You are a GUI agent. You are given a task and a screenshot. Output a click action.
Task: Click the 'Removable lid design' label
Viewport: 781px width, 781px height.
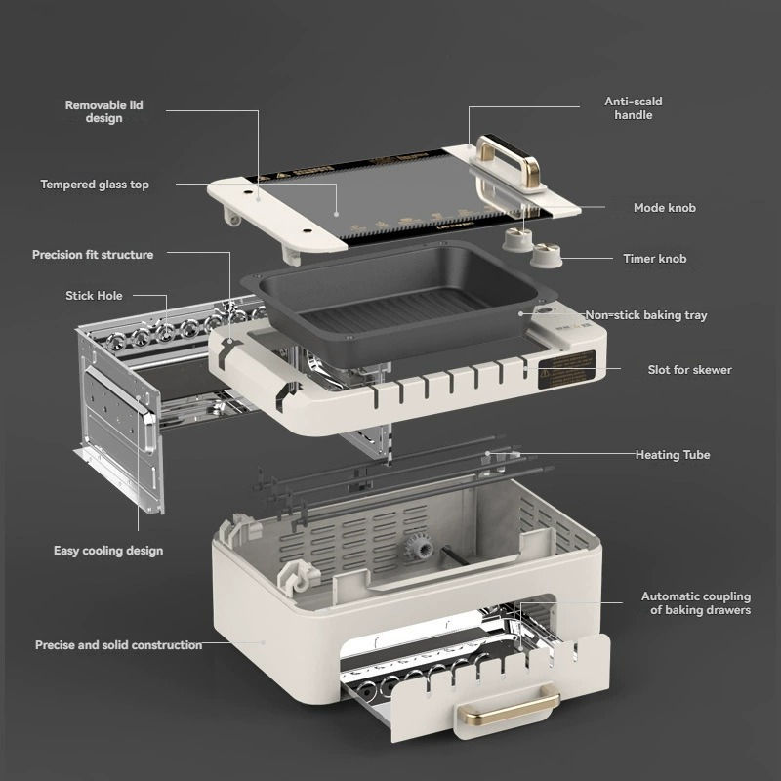point(104,111)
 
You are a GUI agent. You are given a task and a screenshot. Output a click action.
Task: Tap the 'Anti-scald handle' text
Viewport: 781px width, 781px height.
point(633,108)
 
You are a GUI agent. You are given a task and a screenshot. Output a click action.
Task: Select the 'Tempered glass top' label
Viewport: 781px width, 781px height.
point(95,185)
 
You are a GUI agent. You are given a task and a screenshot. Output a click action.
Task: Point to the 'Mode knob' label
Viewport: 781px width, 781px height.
point(665,208)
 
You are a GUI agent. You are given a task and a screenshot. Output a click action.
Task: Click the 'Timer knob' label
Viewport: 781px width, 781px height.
point(654,259)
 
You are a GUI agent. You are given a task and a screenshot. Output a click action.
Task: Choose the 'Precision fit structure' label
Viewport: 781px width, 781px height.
point(93,255)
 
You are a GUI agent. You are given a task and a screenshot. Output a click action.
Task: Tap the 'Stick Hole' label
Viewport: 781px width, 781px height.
point(94,296)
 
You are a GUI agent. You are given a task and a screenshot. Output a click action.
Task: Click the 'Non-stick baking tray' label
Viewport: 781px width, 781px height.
point(646,315)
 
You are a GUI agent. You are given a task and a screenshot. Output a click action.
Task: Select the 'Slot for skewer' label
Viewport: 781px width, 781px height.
point(689,370)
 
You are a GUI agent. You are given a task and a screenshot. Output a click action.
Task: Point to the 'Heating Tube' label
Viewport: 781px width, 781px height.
point(673,455)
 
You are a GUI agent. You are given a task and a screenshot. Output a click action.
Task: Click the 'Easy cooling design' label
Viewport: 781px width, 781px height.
point(108,551)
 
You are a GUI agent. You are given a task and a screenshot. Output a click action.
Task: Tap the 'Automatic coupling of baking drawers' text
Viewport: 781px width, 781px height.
point(696,603)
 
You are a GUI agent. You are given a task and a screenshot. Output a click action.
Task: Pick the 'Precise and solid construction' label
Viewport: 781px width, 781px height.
point(118,645)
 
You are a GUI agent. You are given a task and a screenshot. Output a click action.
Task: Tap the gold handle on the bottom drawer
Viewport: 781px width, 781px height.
point(508,705)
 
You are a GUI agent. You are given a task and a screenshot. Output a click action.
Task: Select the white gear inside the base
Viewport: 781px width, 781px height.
point(419,549)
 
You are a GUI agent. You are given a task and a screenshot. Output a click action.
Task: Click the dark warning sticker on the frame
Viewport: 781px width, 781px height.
point(567,370)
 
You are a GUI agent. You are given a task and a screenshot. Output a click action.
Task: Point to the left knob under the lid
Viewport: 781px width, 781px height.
point(517,240)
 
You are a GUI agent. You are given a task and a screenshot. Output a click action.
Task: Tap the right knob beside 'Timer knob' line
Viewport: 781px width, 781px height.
point(546,256)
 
